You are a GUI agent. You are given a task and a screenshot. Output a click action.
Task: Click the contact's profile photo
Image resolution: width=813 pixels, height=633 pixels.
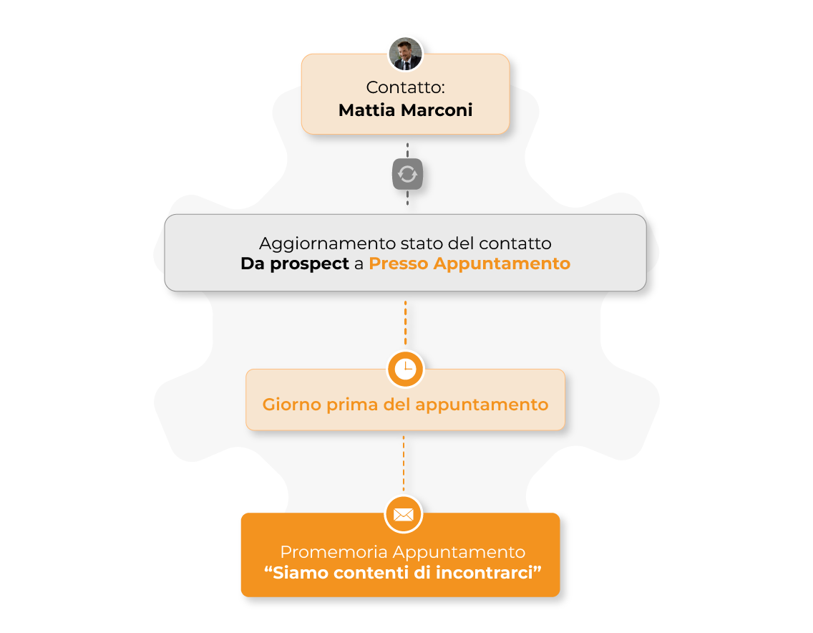click(x=406, y=54)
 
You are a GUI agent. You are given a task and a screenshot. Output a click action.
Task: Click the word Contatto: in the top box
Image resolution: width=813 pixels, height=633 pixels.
click(x=406, y=87)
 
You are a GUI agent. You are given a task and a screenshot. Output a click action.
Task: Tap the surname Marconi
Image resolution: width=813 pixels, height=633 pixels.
click(x=437, y=110)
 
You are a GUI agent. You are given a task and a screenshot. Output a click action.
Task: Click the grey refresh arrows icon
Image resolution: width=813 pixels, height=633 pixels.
click(x=407, y=174)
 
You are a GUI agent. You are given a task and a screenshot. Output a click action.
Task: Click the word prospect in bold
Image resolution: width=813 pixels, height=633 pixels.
click(x=310, y=264)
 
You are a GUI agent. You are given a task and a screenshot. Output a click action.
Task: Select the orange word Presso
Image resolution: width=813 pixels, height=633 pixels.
click(x=399, y=264)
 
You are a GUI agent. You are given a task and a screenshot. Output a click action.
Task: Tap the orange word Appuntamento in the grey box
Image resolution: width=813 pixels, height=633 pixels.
click(x=502, y=264)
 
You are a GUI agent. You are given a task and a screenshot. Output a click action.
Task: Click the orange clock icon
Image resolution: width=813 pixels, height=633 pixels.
click(x=406, y=369)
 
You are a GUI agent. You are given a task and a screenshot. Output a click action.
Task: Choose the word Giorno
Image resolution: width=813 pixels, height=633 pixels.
click(x=292, y=405)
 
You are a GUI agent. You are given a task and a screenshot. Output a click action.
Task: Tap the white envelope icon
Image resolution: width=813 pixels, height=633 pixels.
click(x=404, y=514)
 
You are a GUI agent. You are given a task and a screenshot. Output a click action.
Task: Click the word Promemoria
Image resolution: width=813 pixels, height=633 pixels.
click(x=334, y=552)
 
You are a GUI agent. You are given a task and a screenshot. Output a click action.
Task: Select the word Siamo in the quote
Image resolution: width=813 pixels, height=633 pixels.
click(x=300, y=573)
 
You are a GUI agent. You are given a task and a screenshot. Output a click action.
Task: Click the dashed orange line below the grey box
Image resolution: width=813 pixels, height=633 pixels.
click(x=406, y=323)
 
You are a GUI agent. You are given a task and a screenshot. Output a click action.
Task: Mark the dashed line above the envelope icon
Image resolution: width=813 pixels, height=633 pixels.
click(x=404, y=463)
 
